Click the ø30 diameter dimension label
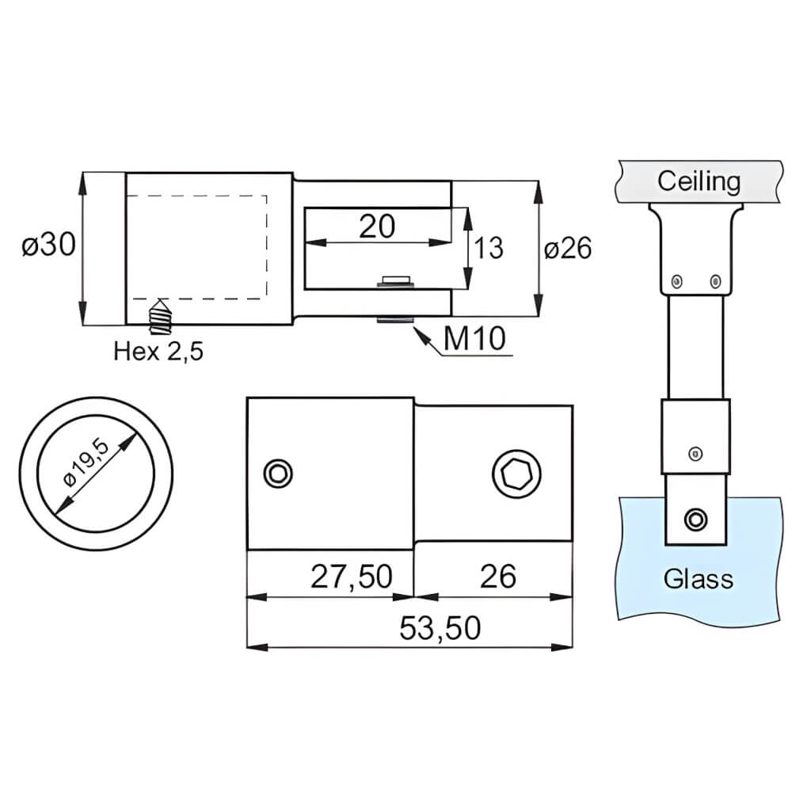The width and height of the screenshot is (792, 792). pos(48,246)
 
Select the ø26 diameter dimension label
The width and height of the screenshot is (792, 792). pos(568,248)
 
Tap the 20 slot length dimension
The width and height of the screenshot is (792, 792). pos(377,227)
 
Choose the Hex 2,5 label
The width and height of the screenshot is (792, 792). pos(158,351)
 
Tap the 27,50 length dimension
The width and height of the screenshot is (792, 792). pos(351,577)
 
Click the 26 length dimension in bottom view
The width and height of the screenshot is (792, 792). pos(497,577)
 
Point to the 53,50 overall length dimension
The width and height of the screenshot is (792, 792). pos(440,628)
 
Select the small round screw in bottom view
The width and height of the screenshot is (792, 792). pos(278,474)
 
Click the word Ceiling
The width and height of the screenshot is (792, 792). pos(699,181)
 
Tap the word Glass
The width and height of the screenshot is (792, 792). pos(699,579)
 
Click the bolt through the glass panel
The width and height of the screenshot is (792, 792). pos(695,519)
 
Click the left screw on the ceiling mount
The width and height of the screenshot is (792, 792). pos(676,280)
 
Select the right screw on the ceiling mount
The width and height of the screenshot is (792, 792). pos(716,280)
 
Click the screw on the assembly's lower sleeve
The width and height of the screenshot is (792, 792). pos(695,453)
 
